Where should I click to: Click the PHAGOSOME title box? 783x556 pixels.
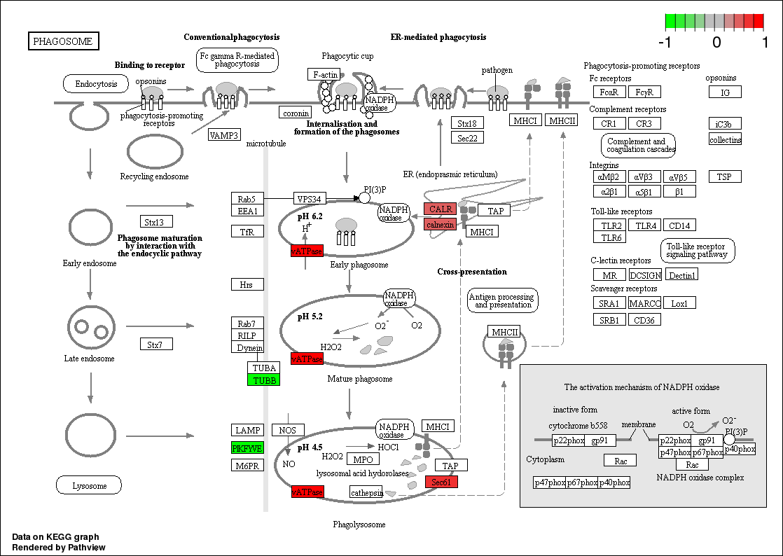[63, 41]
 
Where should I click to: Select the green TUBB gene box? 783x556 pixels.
[263, 380]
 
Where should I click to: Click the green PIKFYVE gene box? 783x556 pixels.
[247, 448]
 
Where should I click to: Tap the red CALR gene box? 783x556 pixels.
[440, 209]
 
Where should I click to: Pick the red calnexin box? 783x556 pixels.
[440, 224]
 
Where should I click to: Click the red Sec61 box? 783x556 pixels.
[441, 482]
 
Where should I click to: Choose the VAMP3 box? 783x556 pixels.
[224, 135]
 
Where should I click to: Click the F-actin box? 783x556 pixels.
[325, 74]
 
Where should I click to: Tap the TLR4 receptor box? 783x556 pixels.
[644, 225]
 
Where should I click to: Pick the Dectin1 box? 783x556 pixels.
[682, 275]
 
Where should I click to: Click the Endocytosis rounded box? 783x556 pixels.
[96, 85]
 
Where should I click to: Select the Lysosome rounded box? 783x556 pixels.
[89, 485]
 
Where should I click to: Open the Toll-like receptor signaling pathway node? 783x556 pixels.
[698, 251]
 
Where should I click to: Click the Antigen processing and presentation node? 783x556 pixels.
[503, 300]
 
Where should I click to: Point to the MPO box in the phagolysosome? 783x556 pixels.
[363, 459]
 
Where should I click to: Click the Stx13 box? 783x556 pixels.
[156, 223]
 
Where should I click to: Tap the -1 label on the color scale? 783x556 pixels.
[665, 42]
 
